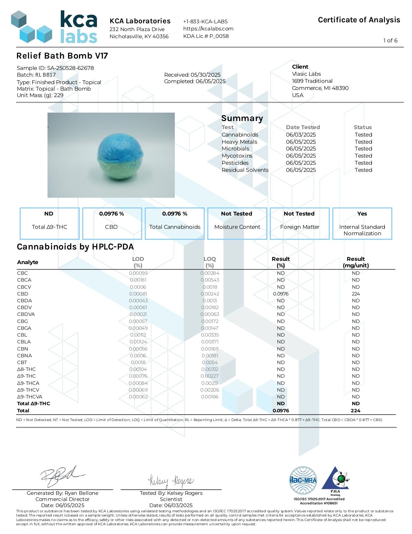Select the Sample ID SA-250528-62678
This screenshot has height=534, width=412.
click(55, 68)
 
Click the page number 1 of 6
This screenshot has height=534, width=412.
click(390, 40)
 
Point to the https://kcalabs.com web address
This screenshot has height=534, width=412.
click(208, 28)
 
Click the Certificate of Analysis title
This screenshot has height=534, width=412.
click(359, 20)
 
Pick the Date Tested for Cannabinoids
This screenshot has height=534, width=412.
click(301, 135)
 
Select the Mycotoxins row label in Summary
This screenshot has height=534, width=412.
click(237, 156)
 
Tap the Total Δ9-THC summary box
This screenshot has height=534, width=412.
click(49, 223)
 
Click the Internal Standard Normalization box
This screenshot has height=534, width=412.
click(362, 223)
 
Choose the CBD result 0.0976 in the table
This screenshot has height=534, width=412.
click(280, 294)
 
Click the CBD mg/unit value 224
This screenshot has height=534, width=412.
click(355, 294)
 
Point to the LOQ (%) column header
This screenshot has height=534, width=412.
click(209, 262)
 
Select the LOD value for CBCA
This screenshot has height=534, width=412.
click(138, 280)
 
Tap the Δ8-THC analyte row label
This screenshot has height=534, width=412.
click(26, 369)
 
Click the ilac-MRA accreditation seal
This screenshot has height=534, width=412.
click(303, 480)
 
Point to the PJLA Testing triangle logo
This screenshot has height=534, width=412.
click(336, 481)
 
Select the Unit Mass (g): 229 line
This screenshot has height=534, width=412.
click(40, 95)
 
